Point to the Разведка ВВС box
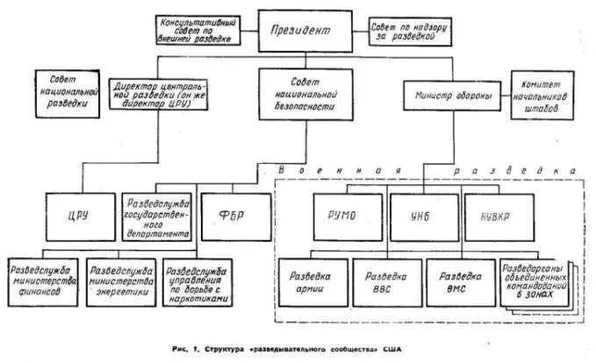click(387, 281)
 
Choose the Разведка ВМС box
click(460, 281)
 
